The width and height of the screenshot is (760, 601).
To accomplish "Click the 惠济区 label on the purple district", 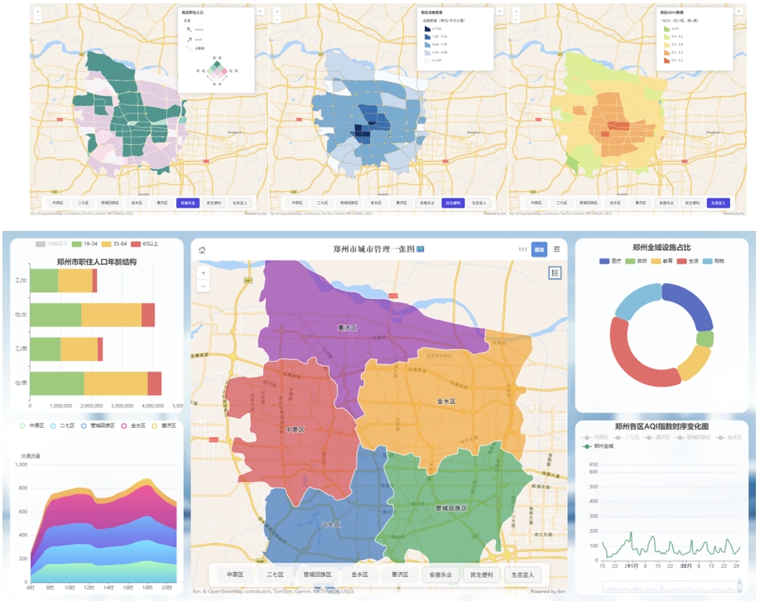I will click(347, 329).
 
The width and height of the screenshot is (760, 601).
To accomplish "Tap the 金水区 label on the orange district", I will click(445, 401).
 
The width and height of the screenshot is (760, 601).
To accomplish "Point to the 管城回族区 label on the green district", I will click(451, 508).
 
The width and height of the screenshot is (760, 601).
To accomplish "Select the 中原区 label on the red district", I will click(296, 430).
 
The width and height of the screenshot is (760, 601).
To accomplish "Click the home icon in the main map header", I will click(202, 250).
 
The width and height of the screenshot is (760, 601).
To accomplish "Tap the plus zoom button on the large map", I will click(204, 272).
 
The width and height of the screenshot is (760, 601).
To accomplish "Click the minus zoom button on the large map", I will click(204, 286).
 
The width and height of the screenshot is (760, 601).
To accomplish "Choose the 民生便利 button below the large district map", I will click(481, 575).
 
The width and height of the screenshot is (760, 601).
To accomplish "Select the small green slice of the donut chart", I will click(705, 339).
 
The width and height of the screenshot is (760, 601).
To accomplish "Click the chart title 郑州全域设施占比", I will click(661, 248).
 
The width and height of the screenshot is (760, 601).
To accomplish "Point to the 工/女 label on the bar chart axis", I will click(21, 281).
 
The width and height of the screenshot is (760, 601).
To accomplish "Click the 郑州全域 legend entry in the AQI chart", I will click(602, 446).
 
